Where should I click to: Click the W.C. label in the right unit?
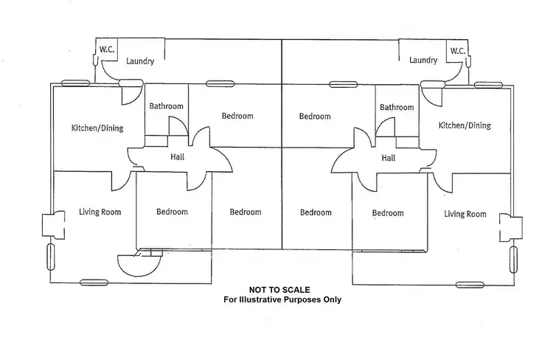(457, 51)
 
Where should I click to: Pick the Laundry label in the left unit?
(139, 61)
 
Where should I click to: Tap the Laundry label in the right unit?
(423, 60)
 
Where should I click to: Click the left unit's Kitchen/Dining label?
(97, 128)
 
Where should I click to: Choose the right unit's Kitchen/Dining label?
(465, 125)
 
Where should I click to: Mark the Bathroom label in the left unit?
(166, 106)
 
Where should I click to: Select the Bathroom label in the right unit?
(397, 108)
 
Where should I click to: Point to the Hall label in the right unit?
(389, 158)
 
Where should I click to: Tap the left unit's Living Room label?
(100, 212)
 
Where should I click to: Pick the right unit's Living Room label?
(465, 214)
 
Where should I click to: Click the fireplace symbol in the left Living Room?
(49, 226)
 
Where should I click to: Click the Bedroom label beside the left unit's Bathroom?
(237, 116)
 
